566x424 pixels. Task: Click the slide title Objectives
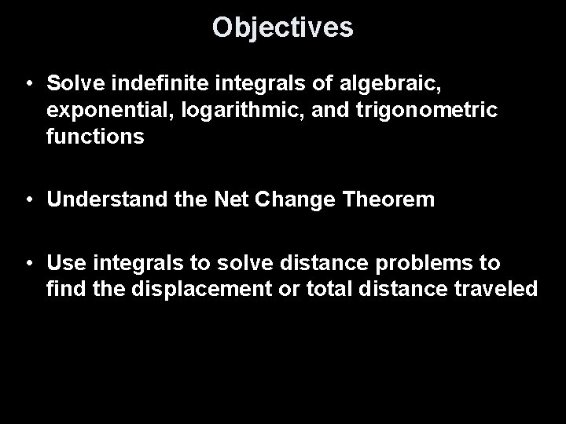tap(283, 28)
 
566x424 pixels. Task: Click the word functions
tap(95, 138)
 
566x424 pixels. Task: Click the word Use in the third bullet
tap(64, 262)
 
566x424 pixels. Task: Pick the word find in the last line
tap(64, 290)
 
